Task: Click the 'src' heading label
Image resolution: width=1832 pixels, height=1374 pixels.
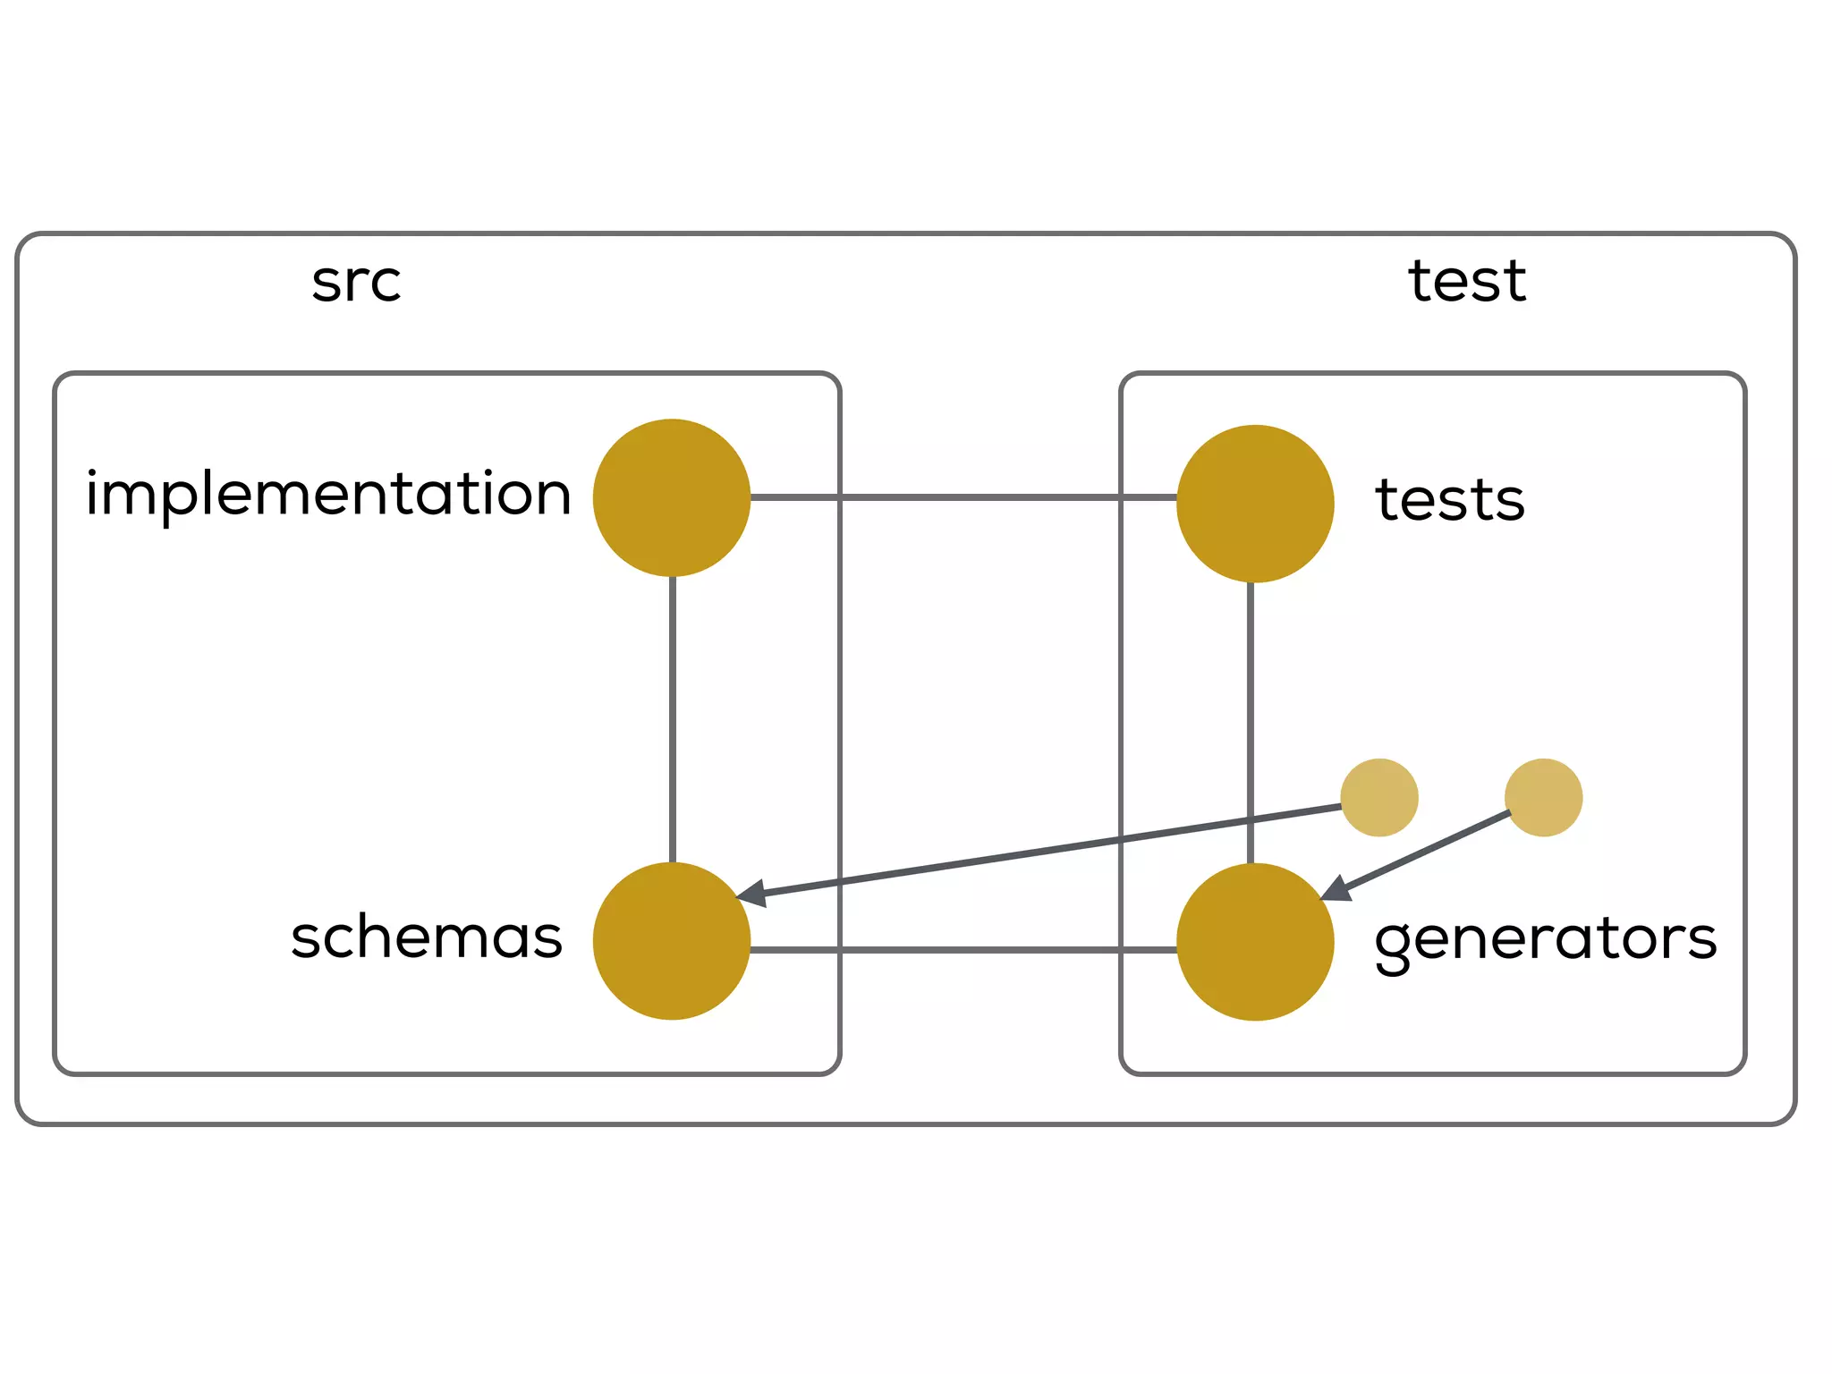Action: click(356, 283)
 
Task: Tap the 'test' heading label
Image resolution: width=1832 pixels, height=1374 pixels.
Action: click(1467, 281)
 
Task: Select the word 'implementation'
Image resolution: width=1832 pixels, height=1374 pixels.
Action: click(328, 494)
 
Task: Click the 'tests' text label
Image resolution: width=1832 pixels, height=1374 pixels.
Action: click(1450, 499)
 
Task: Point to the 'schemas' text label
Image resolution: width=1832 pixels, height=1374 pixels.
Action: click(427, 937)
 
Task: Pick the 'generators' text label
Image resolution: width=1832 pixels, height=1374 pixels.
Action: click(1545, 939)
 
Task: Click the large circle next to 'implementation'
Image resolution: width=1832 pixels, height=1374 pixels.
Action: click(672, 497)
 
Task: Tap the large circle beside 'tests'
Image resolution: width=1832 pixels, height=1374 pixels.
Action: click(1255, 504)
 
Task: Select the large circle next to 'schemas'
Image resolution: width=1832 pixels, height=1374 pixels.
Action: click(672, 941)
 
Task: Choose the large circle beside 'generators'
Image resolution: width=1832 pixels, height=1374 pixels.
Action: click(1255, 942)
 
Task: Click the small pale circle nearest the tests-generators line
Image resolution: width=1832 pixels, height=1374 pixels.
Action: click(1379, 798)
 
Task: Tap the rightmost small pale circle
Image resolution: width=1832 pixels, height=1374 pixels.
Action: click(1543, 798)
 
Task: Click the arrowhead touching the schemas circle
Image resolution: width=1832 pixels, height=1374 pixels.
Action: click(751, 893)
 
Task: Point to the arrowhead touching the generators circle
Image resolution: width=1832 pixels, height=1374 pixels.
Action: click(1336, 889)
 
